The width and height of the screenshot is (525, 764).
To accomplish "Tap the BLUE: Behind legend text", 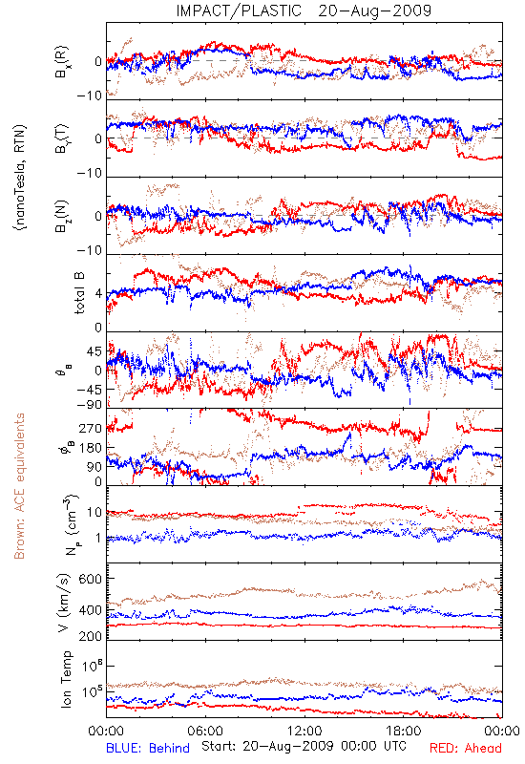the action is tap(148, 748).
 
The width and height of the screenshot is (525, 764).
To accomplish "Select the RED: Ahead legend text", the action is tap(465, 748).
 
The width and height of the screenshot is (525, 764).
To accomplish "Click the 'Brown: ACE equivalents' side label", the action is tap(19, 486).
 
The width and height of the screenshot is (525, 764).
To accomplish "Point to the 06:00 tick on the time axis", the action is tap(205, 731).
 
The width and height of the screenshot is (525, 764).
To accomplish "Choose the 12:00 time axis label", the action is tap(304, 731).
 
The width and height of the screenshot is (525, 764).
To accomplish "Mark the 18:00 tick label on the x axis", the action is tap(404, 731).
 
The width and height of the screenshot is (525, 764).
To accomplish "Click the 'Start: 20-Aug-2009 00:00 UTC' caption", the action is tap(304, 746).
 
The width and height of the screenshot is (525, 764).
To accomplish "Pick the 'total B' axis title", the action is tap(79, 292).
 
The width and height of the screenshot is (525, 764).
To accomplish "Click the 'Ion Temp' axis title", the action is tap(66, 679).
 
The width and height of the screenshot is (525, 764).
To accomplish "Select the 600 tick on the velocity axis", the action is tap(91, 579).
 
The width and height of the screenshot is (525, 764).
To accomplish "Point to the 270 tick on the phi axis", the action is tap(91, 428).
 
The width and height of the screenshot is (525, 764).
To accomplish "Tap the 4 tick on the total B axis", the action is tap(99, 294).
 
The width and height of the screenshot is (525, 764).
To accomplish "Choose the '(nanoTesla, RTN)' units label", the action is tap(20, 178).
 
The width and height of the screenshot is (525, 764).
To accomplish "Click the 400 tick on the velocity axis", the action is tap(91, 610).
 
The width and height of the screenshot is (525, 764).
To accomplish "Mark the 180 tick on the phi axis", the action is tap(91, 448).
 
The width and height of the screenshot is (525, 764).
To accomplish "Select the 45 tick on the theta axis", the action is tap(94, 351).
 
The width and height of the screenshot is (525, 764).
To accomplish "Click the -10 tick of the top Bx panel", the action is tap(89, 95).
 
